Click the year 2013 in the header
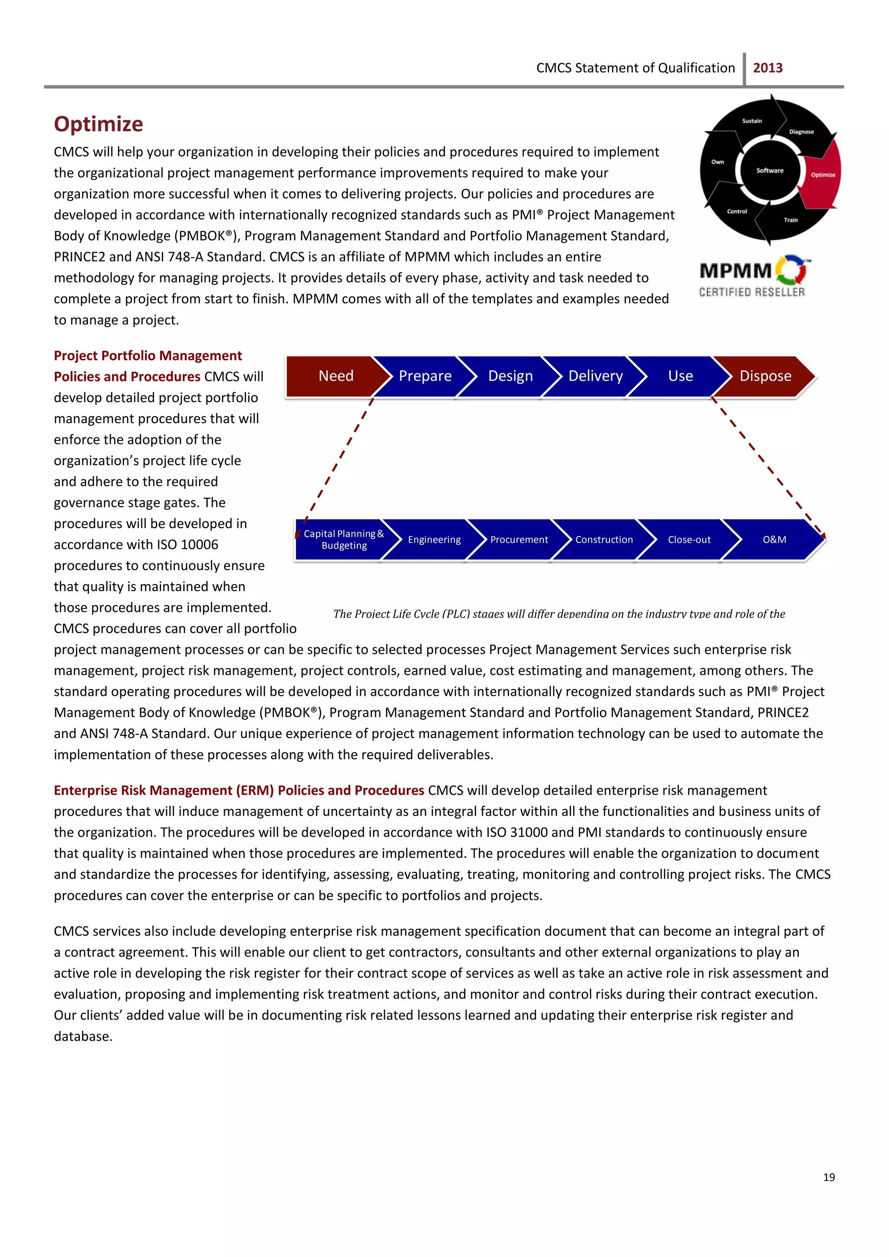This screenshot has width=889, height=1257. coord(767,68)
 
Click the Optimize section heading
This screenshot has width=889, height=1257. coord(99,124)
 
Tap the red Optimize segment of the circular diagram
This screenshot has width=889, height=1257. coord(823,175)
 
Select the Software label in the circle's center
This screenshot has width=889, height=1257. coord(770,170)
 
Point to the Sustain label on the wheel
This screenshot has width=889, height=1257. coord(751,120)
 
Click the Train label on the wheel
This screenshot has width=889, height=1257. coord(790,220)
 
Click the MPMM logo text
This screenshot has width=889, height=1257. coord(735,271)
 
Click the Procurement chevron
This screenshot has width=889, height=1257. coord(518,539)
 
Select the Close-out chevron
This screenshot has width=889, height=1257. coord(688,539)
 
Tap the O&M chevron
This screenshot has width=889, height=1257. coord(774,539)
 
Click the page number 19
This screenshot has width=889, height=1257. coord(829,1177)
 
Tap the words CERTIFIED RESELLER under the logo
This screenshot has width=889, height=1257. coord(751,292)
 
